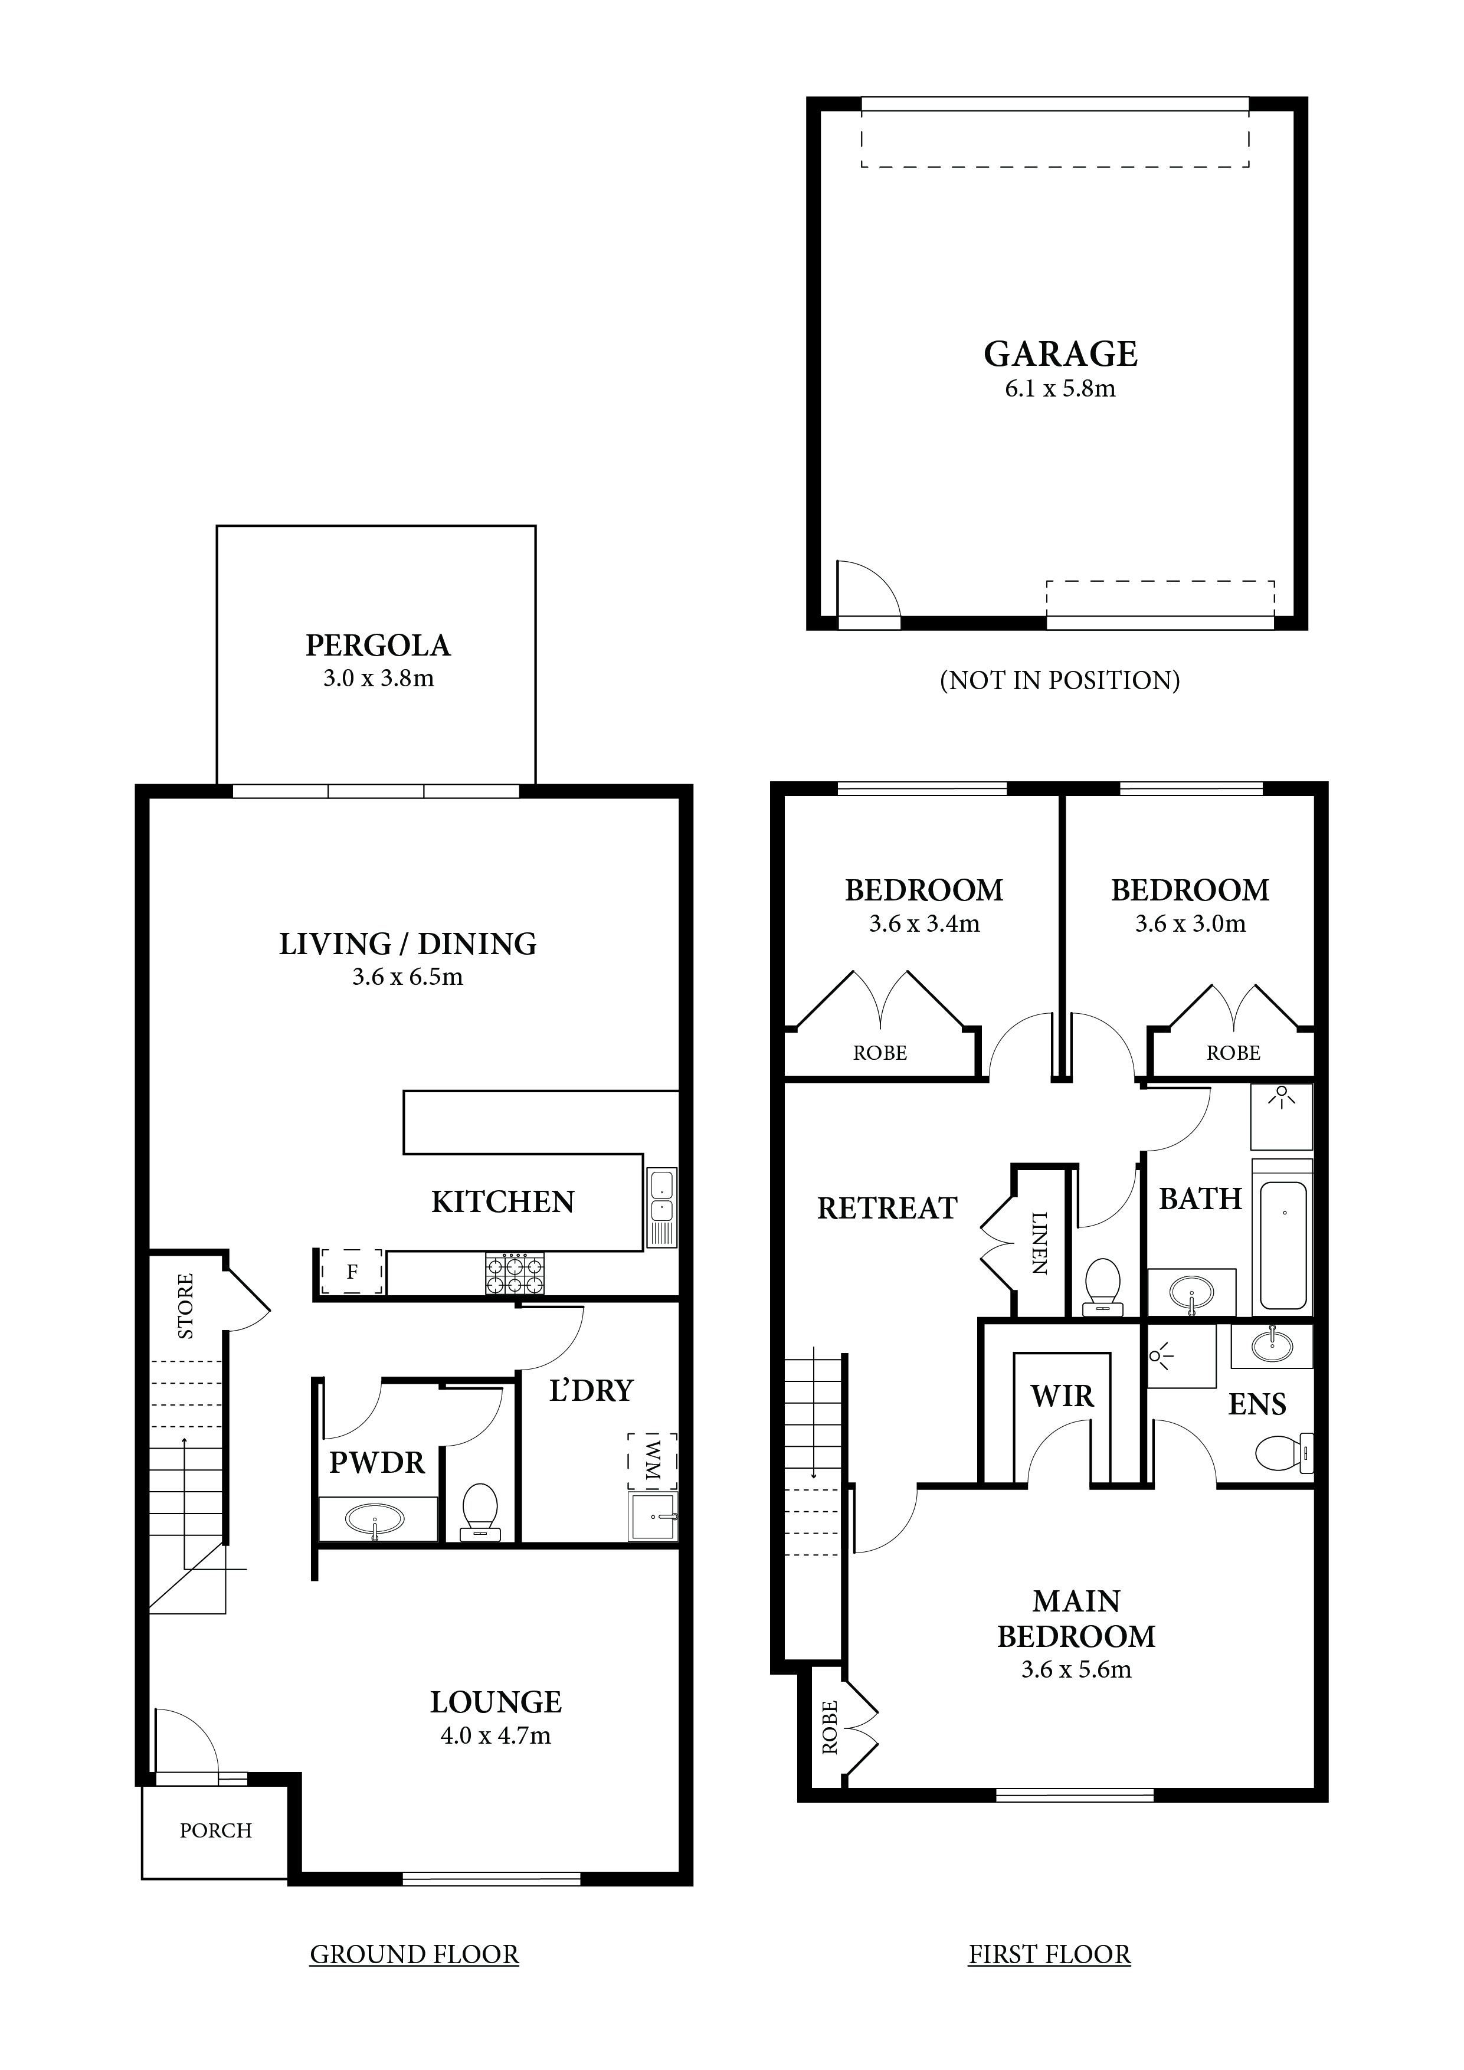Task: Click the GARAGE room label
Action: click(x=1060, y=353)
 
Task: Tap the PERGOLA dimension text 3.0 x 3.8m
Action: click(x=379, y=679)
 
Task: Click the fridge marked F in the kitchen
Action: click(x=352, y=1272)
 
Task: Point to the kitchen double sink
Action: click(x=661, y=1208)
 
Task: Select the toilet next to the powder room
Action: click(x=480, y=1512)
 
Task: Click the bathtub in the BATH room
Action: click(x=1283, y=1245)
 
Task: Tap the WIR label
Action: click(x=1062, y=1397)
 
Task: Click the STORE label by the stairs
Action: click(x=185, y=1305)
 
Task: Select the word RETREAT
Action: click(x=887, y=1208)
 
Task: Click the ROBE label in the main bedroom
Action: click(x=829, y=1727)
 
